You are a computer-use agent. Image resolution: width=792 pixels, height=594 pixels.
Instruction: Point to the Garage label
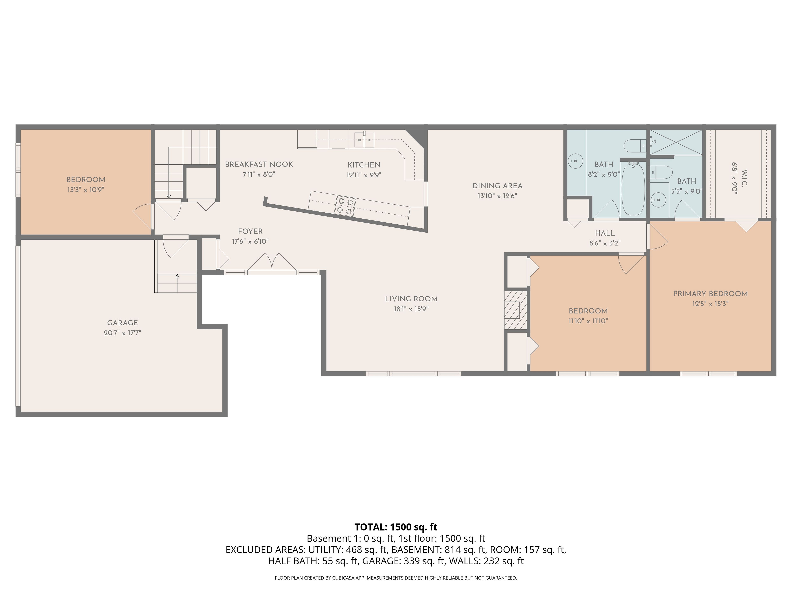tap(123, 323)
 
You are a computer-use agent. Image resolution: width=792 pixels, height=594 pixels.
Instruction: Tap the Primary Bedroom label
tap(710, 294)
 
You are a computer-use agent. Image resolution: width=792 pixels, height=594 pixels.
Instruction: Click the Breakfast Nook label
tap(259, 164)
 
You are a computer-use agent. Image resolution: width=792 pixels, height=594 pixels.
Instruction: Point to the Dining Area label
tap(497, 186)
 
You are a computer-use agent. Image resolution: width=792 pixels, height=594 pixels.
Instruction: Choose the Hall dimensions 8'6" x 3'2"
tap(605, 243)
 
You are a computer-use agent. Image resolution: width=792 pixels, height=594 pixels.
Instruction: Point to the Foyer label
tap(250, 231)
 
